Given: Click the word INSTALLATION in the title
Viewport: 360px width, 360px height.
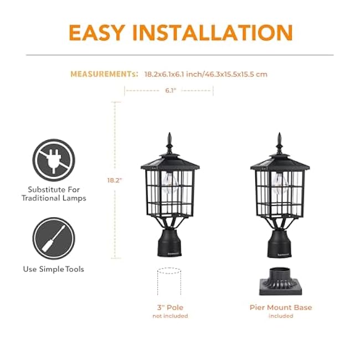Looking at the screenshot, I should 218,33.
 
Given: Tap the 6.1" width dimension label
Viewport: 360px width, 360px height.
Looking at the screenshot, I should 170,90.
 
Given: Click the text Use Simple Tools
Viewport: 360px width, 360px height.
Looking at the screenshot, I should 53,269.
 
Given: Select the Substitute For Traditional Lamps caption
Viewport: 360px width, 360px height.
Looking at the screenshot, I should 53,193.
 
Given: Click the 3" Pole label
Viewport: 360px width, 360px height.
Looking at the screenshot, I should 170,307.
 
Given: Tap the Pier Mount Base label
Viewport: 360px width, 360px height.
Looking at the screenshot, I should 281,307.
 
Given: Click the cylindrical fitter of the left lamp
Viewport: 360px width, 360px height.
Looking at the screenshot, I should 169,243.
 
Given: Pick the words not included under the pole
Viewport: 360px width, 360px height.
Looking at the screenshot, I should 170,316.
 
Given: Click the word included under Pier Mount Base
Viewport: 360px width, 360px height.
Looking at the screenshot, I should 281,316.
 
